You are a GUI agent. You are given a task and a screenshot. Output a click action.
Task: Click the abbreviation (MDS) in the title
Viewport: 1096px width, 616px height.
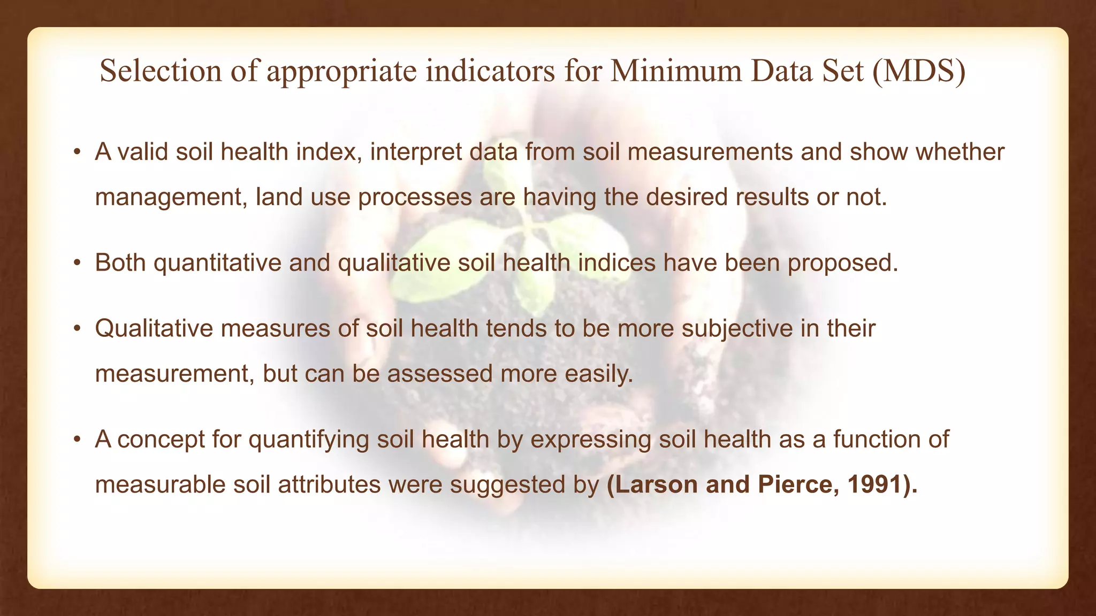(x=919, y=71)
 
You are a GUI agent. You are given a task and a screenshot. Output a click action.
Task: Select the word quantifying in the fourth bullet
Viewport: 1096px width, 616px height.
(x=309, y=440)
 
